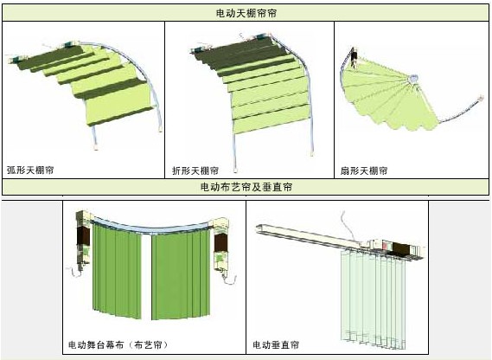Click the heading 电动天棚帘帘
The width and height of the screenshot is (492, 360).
[246, 13]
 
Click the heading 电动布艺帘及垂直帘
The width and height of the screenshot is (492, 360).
[246, 187]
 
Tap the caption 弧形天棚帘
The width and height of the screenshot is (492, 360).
[30, 170]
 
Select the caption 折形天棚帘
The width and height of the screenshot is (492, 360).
[195, 170]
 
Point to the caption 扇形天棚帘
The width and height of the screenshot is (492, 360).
[364, 170]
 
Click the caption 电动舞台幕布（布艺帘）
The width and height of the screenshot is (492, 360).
[118, 344]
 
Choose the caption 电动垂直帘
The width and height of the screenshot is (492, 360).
[276, 344]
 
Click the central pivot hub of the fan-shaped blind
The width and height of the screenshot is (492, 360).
[413, 78]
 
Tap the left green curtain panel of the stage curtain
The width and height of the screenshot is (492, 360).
[116, 270]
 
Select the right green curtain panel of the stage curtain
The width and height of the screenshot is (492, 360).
[181, 274]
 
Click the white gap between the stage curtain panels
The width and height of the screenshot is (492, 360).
[146, 276]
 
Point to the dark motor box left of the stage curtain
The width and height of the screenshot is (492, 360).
[84, 235]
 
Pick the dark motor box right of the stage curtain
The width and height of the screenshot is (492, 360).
[220, 242]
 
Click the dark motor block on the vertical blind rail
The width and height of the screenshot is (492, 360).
[401, 247]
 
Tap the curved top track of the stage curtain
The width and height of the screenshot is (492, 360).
[150, 227]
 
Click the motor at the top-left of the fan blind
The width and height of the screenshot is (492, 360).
[354, 56]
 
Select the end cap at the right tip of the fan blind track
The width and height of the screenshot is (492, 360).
[481, 98]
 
